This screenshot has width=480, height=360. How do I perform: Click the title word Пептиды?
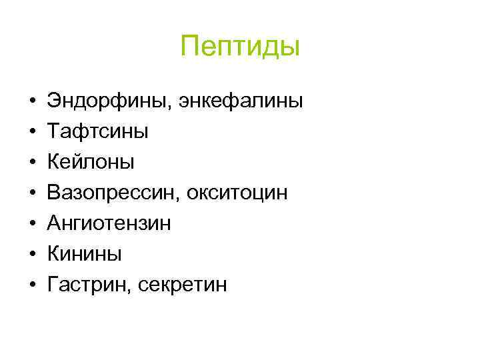pos(241,47)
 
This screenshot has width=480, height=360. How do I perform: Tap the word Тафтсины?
pos(97,132)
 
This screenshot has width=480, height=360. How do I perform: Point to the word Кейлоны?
pos(91,162)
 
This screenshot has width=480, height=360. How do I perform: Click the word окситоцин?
pos(237,193)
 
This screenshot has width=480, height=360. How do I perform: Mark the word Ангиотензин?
pos(109,223)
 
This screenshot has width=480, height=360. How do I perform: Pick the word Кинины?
pos(84,254)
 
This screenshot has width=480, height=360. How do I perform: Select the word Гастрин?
pos(83,285)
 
